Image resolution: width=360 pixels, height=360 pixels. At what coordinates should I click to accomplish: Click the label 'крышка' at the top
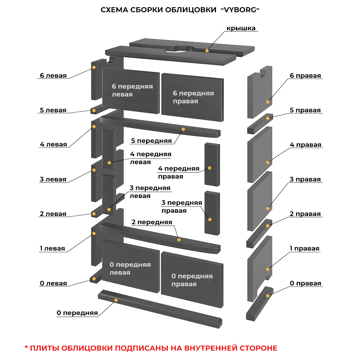pos(241,28)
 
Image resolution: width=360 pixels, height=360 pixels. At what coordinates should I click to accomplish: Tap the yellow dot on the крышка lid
pos(207,50)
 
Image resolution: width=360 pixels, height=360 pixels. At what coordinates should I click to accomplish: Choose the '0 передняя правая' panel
pos(192,280)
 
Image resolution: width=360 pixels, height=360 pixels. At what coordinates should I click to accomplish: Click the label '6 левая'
pos(53,76)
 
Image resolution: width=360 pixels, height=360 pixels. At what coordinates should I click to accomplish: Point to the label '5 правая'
pos(305,110)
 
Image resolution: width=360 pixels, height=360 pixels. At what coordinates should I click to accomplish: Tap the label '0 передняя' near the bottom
pos(77,313)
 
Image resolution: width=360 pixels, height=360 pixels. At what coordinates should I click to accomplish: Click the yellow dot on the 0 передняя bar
pos(116,300)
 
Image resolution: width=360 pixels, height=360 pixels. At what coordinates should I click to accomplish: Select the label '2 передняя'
pos(152,222)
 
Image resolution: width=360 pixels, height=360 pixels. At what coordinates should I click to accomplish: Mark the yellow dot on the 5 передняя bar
pos(183,129)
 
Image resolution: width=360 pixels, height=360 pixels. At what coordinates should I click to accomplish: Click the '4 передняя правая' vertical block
pos(212,164)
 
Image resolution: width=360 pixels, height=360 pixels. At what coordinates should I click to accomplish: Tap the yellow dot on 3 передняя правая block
pos(210,219)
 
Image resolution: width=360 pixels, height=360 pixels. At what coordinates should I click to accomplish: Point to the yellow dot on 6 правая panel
pos(267,102)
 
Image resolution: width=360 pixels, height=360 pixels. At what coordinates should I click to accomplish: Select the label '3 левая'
pos(53,179)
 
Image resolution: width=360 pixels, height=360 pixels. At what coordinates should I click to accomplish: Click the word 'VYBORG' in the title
pos(240,10)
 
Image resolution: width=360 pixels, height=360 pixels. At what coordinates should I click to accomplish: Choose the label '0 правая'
pos(305,283)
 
